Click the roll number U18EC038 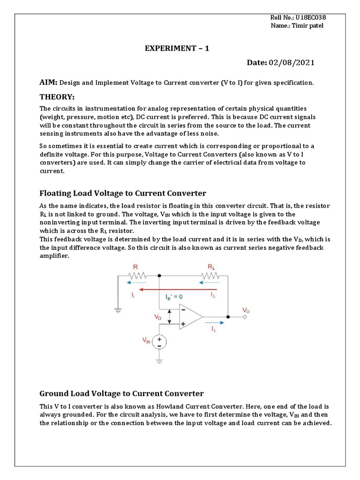(310, 17)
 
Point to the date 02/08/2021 (291, 62)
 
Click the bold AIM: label (48, 82)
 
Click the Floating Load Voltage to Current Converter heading (123, 193)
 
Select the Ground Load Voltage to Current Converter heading (121, 393)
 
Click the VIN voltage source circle (159, 341)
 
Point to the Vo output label (246, 310)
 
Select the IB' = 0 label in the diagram (174, 297)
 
